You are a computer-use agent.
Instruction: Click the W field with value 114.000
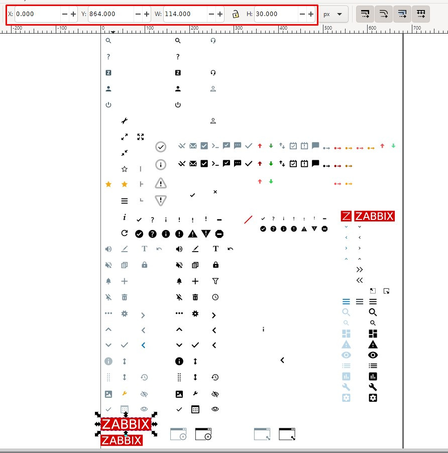184,14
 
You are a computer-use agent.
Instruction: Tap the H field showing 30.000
275,14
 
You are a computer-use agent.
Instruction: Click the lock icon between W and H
236,14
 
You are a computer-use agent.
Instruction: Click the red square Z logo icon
346,216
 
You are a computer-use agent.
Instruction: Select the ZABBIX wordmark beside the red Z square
374,216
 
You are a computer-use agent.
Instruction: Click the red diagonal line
248,219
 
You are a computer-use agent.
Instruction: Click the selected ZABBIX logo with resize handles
126,424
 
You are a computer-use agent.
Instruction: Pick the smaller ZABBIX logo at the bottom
122,440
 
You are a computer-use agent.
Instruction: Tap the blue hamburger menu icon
346,301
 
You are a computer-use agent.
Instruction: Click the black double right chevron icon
360,270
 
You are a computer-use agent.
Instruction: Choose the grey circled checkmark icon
161,147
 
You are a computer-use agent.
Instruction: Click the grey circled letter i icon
161,164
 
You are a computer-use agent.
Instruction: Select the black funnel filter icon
215,281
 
